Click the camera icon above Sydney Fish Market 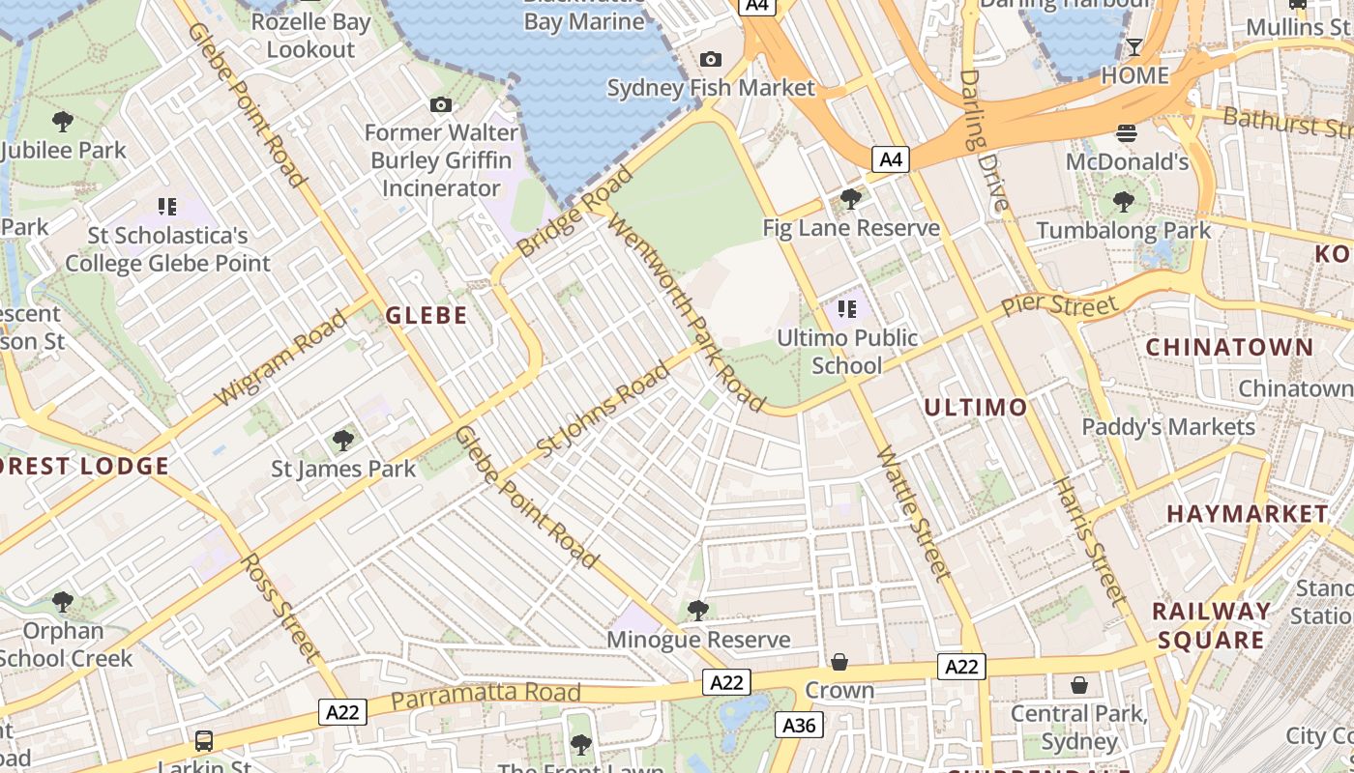coord(710,60)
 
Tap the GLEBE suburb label coord(427,315)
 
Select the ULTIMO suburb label coord(975,407)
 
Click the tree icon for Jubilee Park coord(63,122)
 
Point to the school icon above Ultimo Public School coord(847,309)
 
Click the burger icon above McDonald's coord(1127,133)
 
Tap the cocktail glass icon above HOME coord(1134,47)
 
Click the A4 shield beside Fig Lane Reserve coord(891,159)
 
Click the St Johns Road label coord(603,410)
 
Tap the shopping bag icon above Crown coord(839,662)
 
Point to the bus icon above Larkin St coord(204,741)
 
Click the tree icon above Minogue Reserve coord(697,611)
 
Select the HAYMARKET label coord(1247,513)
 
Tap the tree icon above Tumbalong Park coord(1123,202)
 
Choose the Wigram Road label coord(280,358)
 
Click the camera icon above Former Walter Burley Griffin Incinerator coord(441,104)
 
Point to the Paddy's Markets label coord(1168,426)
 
